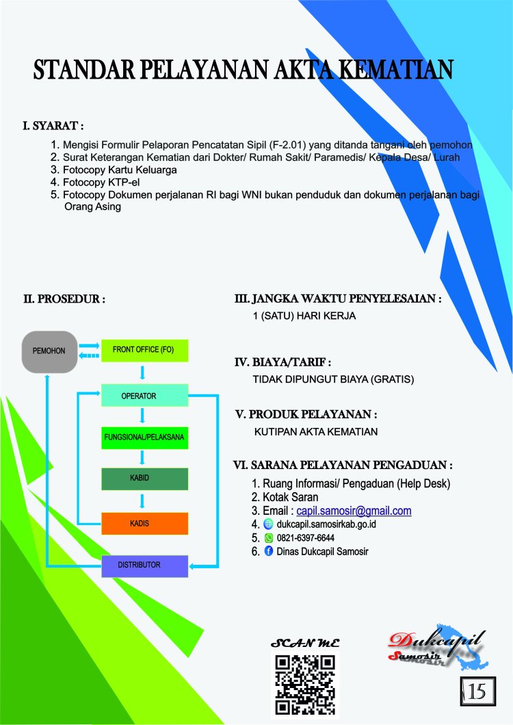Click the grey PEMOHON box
(49, 351)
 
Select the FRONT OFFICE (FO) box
(144, 350)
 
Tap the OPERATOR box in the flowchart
(144, 395)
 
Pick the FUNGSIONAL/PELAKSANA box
(144, 437)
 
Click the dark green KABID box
(144, 479)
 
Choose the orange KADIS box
(144, 524)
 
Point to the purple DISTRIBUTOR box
(144, 566)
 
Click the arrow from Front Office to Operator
(142, 372)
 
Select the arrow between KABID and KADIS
(142, 501)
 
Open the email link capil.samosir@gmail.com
(354, 511)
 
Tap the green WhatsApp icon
(269, 537)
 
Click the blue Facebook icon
(269, 551)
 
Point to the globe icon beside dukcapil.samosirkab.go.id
(268, 524)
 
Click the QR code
(305, 685)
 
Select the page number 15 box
(478, 691)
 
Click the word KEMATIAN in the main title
(395, 69)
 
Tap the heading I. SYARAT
(53, 126)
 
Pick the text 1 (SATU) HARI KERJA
(304, 316)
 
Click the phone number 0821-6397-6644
(306, 537)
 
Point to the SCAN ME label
(305, 643)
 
